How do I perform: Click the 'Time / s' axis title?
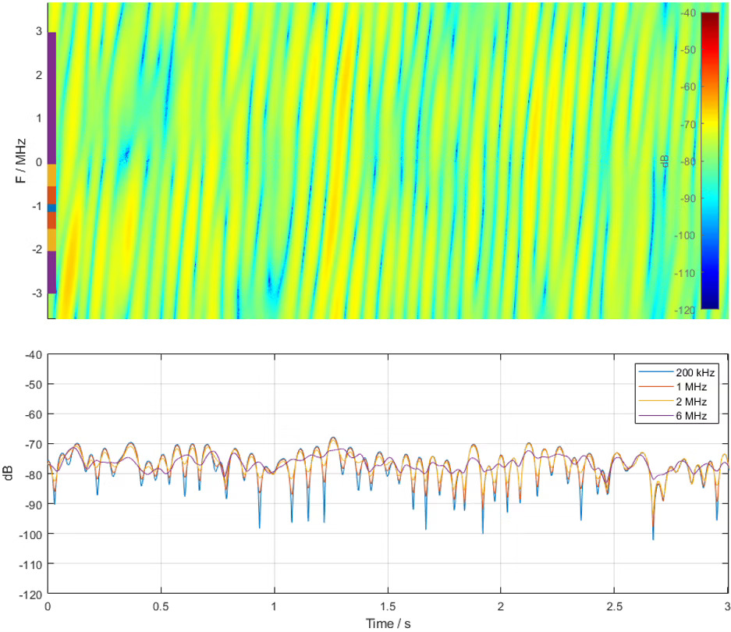pyautogui.click(x=388, y=623)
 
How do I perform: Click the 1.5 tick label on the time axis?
pyautogui.click(x=388, y=605)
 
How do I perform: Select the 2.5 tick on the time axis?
pyautogui.click(x=613, y=605)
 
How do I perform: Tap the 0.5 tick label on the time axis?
pyautogui.click(x=161, y=605)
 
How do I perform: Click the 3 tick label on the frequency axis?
pyautogui.click(x=37, y=31)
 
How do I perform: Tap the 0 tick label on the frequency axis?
pyautogui.click(x=37, y=162)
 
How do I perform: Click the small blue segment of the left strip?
pyautogui.click(x=51, y=208)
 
